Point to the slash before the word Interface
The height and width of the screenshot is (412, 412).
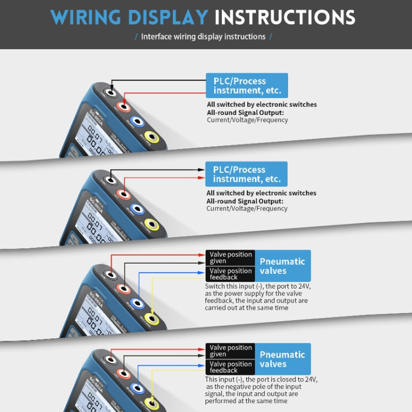tap(136, 37)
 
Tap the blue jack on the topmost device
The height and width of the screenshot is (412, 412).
tap(136, 121)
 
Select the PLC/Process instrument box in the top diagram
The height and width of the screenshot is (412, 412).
tap(247, 86)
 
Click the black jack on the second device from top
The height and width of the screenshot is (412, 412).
tap(112, 179)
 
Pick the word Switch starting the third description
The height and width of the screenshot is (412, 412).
tap(215, 286)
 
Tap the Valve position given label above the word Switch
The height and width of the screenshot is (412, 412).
tap(231, 258)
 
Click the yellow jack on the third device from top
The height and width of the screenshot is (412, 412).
tap(151, 319)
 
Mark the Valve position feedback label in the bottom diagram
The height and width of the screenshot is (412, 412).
tap(231, 367)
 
